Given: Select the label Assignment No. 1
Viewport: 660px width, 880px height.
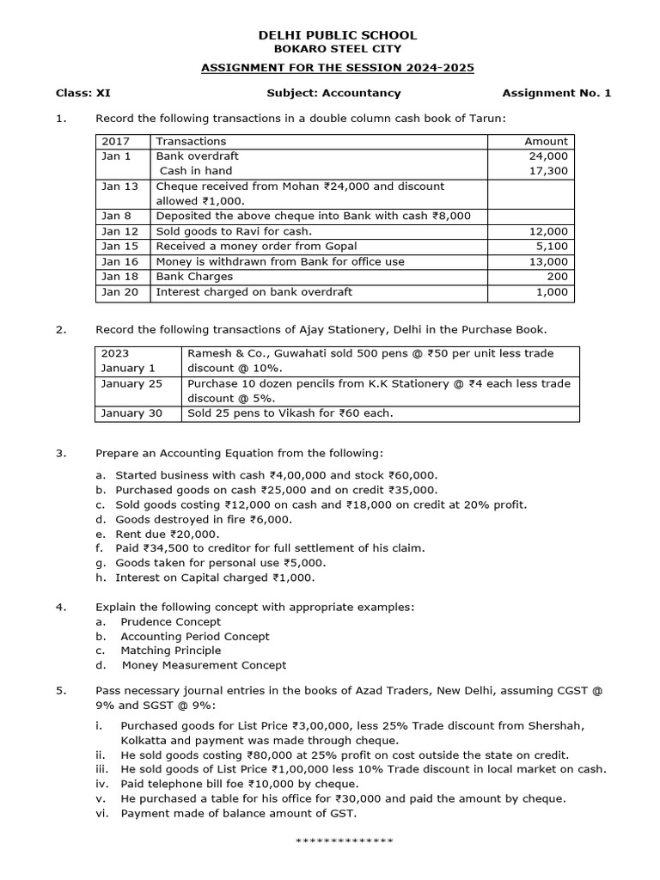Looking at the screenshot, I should click(556, 93).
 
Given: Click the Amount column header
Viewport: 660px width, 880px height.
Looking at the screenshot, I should click(546, 141).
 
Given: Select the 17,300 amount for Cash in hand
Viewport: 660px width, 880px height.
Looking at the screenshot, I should click(550, 171).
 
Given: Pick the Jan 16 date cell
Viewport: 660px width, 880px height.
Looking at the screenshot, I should click(119, 261).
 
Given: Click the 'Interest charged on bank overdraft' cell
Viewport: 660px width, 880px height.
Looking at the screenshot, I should click(254, 292).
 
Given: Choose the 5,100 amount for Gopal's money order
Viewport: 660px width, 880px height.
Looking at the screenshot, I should click(553, 247).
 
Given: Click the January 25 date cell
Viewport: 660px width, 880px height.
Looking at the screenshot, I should click(131, 383).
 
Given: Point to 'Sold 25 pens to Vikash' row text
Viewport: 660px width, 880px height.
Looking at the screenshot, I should click(290, 413).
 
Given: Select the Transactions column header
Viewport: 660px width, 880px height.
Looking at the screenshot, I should click(191, 141).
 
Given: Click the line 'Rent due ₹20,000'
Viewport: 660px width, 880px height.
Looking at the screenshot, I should click(168, 533).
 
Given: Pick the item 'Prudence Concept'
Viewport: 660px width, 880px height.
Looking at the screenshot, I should click(170, 621).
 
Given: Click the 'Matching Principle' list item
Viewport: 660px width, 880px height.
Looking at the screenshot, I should click(170, 651).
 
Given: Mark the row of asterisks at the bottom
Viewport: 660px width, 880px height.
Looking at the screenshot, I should click(344, 840).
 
